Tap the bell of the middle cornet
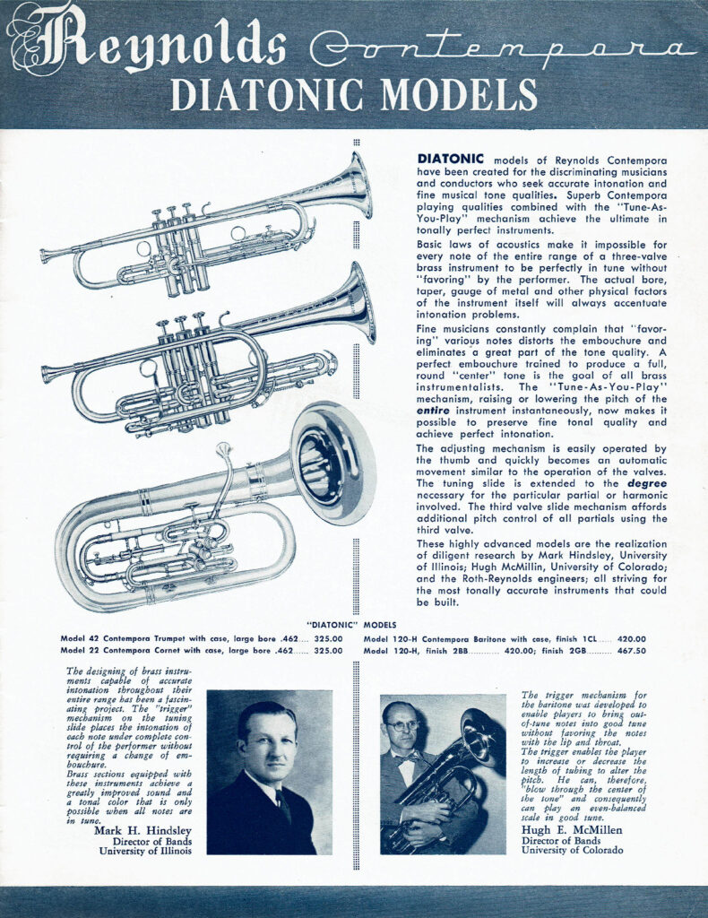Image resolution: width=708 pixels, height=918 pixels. click(358, 301)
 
